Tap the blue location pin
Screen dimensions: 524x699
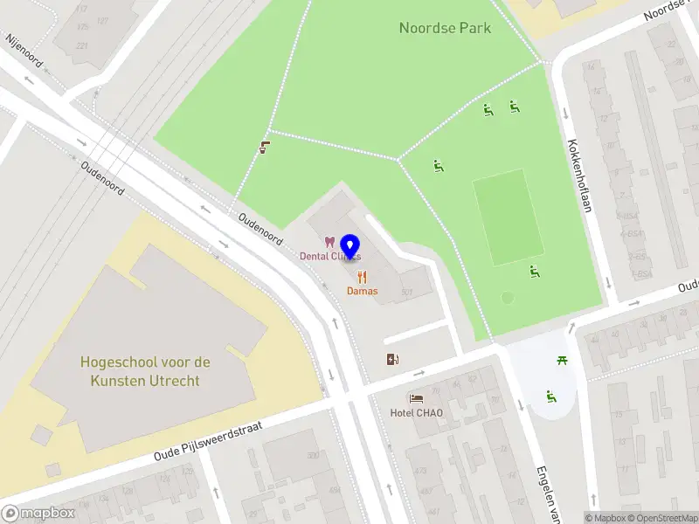(350, 247)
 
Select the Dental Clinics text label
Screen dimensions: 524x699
(329, 257)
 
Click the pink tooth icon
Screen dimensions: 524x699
(329, 242)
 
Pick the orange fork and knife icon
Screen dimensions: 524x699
(362, 277)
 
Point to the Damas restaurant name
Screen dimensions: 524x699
(362, 291)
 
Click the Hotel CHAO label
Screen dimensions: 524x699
(416, 412)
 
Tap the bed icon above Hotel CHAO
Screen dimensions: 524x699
(416, 398)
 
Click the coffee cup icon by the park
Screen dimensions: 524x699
(264, 148)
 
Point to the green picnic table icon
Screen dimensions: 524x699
(563, 361)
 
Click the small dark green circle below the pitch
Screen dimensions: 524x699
(508, 298)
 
